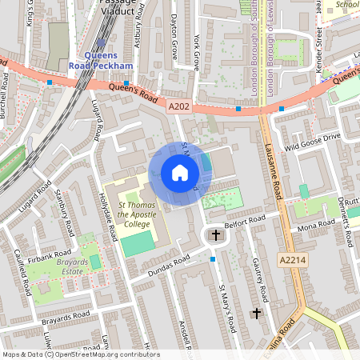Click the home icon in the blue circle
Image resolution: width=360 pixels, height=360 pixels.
tap(180, 173)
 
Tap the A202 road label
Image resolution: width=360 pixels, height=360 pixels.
tap(178, 105)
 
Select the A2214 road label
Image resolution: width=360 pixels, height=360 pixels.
tap(294, 260)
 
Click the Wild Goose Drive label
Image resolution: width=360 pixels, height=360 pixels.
tap(313, 142)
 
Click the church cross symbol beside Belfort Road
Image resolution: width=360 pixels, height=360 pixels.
tap(214, 234)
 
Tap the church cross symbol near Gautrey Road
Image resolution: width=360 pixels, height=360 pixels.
tap(256, 313)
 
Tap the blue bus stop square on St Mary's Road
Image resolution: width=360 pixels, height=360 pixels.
tap(213, 259)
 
